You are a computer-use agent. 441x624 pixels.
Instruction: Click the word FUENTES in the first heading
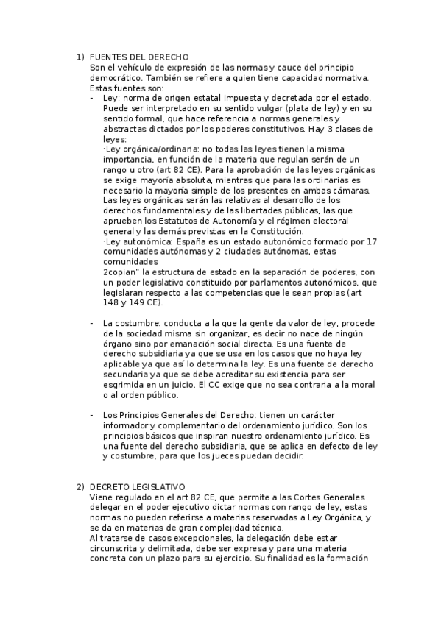tap(107, 57)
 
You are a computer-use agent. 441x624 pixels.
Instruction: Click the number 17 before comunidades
tap(372, 241)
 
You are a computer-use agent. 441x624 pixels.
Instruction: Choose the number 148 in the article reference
tap(112, 302)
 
